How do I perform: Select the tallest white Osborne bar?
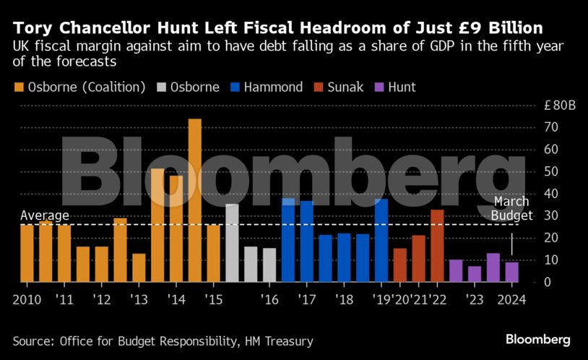(x=232, y=243)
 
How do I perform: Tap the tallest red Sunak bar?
(x=437, y=245)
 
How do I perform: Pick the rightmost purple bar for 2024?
(x=511, y=271)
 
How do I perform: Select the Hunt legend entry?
(x=396, y=87)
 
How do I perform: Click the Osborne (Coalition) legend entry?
(x=79, y=87)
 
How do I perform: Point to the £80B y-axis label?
(x=560, y=106)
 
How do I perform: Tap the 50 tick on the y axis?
(x=552, y=172)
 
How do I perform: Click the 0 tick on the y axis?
(x=548, y=282)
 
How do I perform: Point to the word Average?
(x=44, y=215)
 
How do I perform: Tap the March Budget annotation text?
(x=512, y=208)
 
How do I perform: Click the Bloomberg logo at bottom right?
(x=537, y=338)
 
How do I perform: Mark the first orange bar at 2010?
(x=27, y=253)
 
